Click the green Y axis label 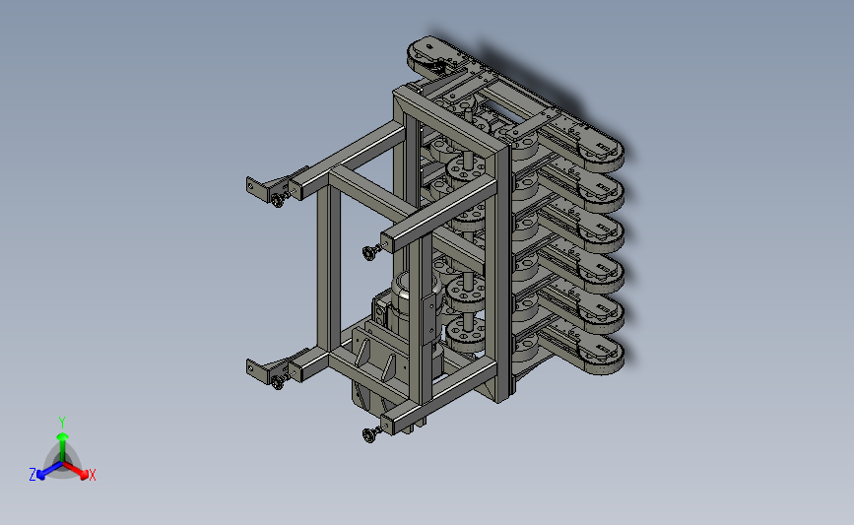(x=61, y=423)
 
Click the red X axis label (x=92, y=475)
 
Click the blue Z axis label (x=33, y=475)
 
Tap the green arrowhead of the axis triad (x=62, y=436)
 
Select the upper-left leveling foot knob (x=277, y=200)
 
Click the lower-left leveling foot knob (x=277, y=382)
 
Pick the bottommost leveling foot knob (x=369, y=434)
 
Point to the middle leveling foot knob (x=369, y=252)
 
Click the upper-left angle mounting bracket (x=258, y=189)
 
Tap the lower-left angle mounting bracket (x=258, y=371)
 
